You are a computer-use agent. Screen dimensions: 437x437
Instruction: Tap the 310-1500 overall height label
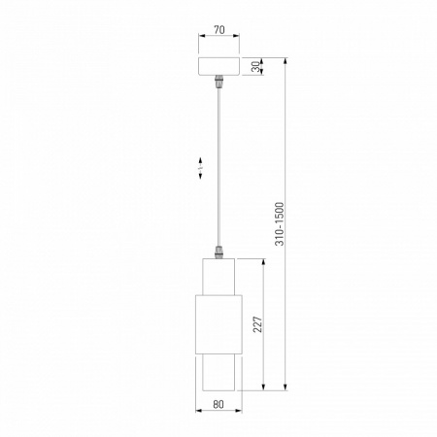pyautogui.click(x=279, y=224)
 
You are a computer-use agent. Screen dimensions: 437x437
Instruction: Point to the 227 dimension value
pyautogui.click(x=255, y=323)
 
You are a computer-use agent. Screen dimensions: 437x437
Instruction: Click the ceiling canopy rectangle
pyautogui.click(x=218, y=67)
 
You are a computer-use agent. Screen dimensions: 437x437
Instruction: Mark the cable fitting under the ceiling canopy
pyautogui.click(x=218, y=83)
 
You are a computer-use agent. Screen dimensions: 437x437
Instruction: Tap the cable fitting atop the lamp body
pyautogui.click(x=218, y=252)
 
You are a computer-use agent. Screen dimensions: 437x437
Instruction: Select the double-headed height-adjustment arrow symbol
pyautogui.click(x=199, y=169)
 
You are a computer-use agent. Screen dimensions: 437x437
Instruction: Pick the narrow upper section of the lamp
pyautogui.click(x=218, y=275)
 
